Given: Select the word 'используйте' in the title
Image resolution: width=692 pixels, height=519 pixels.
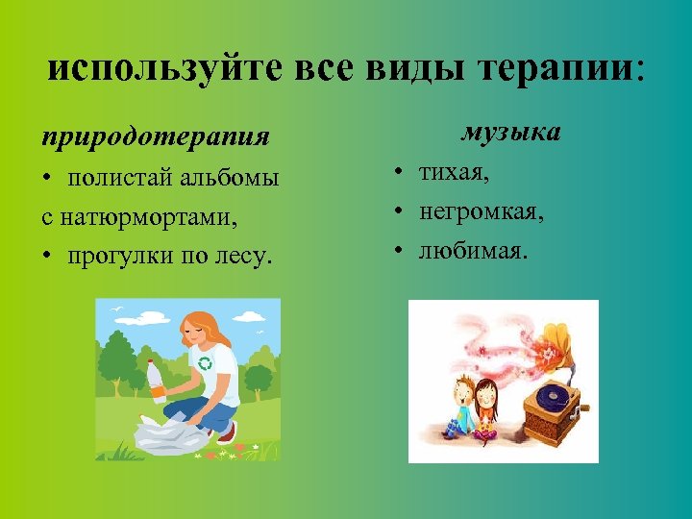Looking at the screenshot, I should coord(162,69).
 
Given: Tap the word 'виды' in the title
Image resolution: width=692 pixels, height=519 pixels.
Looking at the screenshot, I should coord(405,69).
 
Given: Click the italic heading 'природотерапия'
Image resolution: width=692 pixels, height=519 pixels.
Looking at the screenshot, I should coord(155,135).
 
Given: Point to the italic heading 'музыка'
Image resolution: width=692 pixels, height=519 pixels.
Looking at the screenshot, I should coord(510,132).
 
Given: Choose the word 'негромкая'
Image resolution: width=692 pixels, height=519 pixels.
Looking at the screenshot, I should coord(480,211).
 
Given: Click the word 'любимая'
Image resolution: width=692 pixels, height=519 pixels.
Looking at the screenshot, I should coord(471,251).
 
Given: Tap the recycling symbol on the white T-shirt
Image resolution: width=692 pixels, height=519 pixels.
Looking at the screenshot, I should coord(205,363).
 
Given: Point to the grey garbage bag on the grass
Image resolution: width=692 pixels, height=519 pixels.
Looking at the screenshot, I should coord(173,433).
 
